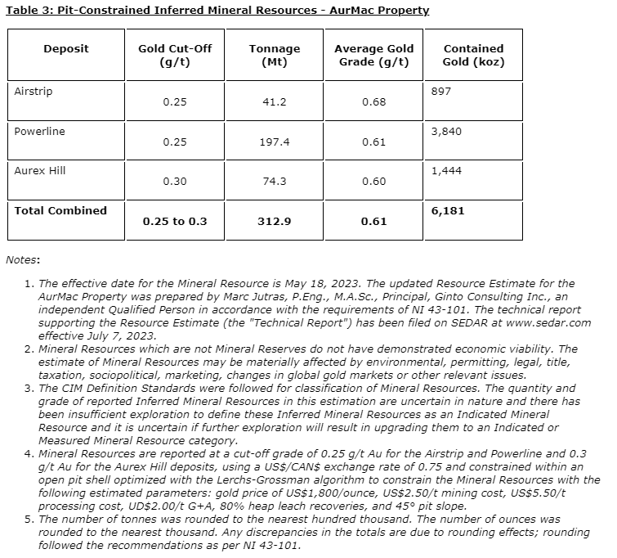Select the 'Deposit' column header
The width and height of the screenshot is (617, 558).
click(x=66, y=49)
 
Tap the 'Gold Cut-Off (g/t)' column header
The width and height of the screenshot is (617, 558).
click(x=175, y=55)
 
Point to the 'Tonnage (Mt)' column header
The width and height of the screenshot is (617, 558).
click(x=274, y=55)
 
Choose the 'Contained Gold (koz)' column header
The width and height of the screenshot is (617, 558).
click(x=473, y=55)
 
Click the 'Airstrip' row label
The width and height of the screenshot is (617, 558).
click(x=34, y=91)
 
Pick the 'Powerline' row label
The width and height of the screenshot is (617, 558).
click(x=40, y=131)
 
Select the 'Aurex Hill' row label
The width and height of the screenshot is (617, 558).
click(x=40, y=170)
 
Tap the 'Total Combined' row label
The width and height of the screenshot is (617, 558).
click(x=61, y=210)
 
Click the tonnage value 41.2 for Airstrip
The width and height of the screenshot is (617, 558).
click(x=274, y=102)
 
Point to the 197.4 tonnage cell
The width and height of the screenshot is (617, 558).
click(x=274, y=142)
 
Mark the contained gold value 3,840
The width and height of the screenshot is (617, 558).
click(x=446, y=131)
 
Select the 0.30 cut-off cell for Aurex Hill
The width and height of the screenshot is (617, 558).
click(x=175, y=182)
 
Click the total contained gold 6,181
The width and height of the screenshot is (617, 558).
click(x=447, y=210)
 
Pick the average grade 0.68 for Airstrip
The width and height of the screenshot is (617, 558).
click(x=373, y=102)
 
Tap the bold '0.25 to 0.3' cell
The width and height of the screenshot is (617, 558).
click(x=175, y=222)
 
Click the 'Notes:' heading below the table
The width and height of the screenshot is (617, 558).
click(x=23, y=259)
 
